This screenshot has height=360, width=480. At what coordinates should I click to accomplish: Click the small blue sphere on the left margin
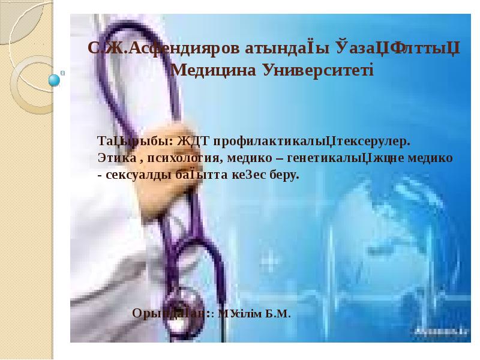(x=55, y=79)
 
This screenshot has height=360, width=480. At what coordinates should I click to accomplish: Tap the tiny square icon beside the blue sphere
(x=64, y=73)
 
